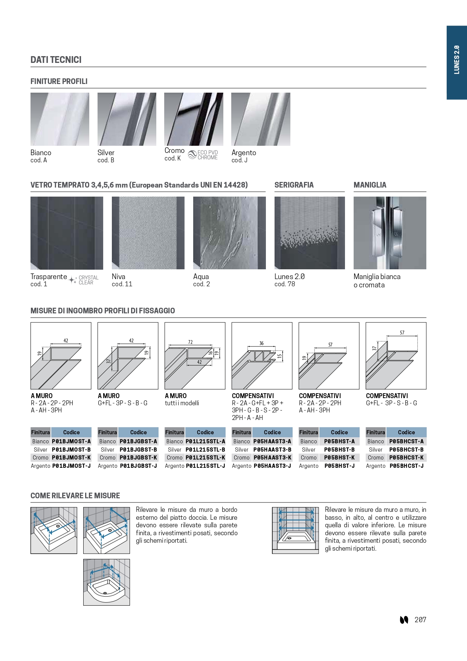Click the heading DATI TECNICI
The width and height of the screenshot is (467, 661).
tap(56, 60)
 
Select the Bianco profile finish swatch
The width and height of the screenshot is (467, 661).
tap(60, 119)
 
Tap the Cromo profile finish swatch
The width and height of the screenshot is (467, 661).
tap(194, 119)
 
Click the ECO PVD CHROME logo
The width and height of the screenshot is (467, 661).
tap(203, 155)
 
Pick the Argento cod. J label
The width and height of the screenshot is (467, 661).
tap(244, 156)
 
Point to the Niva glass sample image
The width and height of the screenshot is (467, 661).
tap(148, 233)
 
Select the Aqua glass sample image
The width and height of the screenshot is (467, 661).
tap(229, 233)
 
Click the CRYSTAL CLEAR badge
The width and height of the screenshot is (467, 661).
tap(84, 280)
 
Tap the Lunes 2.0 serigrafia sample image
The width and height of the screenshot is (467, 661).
tap(310, 233)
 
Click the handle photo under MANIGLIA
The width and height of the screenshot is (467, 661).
tap(390, 233)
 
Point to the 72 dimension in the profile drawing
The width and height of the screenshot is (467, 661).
tap(190, 342)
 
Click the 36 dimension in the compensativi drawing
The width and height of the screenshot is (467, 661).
tap(261, 343)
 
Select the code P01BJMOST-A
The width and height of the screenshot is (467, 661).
tap(71, 441)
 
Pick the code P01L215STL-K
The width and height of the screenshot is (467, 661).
tap(205, 458)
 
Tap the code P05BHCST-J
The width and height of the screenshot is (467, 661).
tap(406, 466)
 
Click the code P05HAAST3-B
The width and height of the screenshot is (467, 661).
tap(272, 450)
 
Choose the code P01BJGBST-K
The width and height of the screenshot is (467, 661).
tap(138, 458)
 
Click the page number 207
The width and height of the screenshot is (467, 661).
tap(420, 620)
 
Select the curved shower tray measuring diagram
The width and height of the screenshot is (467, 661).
tap(107, 582)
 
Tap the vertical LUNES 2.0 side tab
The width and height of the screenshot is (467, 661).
tap(456, 60)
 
